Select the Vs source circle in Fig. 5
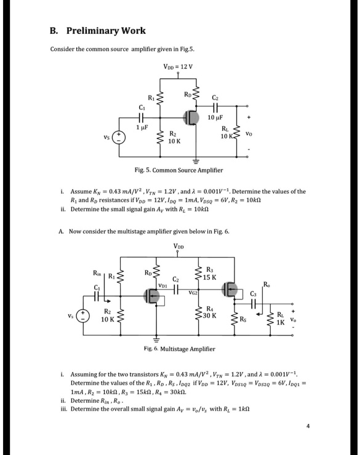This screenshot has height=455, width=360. click(121, 138)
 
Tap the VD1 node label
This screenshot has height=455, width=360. click(164, 285)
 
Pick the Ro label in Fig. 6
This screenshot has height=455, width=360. click(266, 283)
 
